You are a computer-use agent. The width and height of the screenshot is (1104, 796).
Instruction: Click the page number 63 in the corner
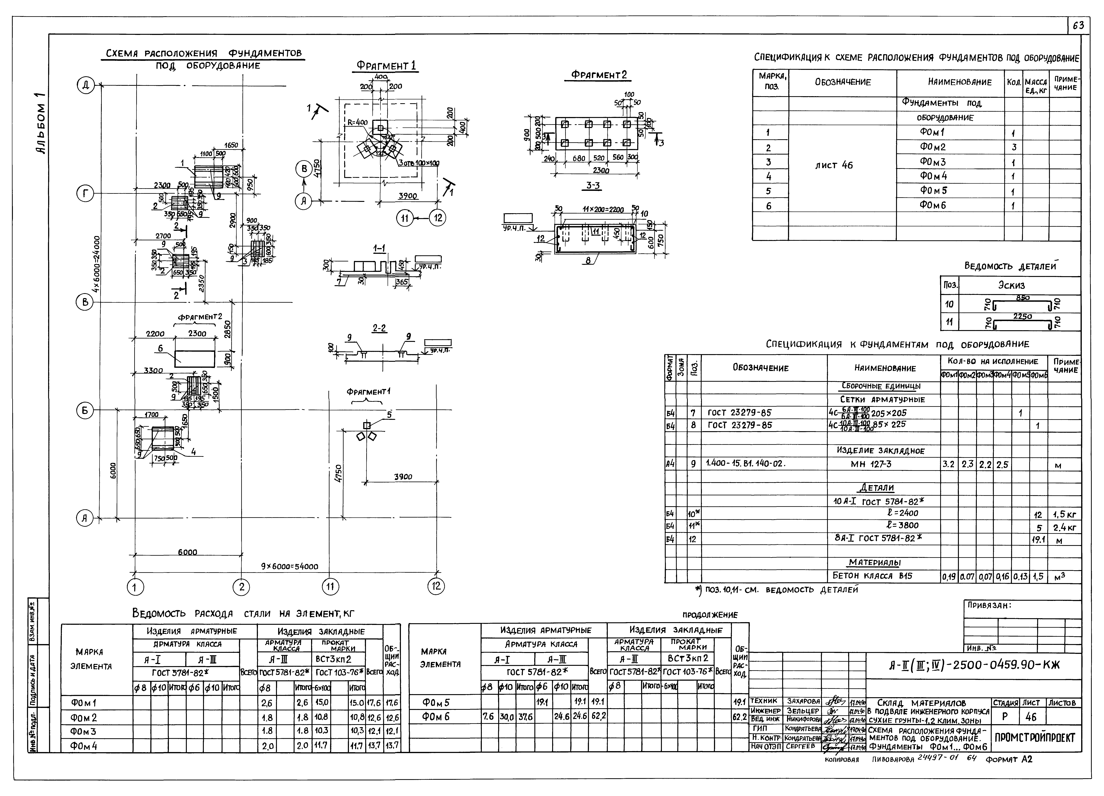tap(1078, 26)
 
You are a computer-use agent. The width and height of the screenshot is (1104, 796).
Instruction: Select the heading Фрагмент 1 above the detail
tap(386, 66)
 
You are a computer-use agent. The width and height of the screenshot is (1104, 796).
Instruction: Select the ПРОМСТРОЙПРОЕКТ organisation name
tap(1034, 738)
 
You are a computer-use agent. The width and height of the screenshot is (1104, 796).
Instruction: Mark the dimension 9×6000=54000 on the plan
tap(290, 566)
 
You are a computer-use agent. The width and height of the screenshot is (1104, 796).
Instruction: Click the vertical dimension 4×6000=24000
tap(97, 264)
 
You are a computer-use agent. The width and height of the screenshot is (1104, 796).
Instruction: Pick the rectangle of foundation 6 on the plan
tap(195, 359)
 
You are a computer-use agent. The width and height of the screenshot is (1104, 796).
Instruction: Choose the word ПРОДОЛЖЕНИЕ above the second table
tap(710, 615)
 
